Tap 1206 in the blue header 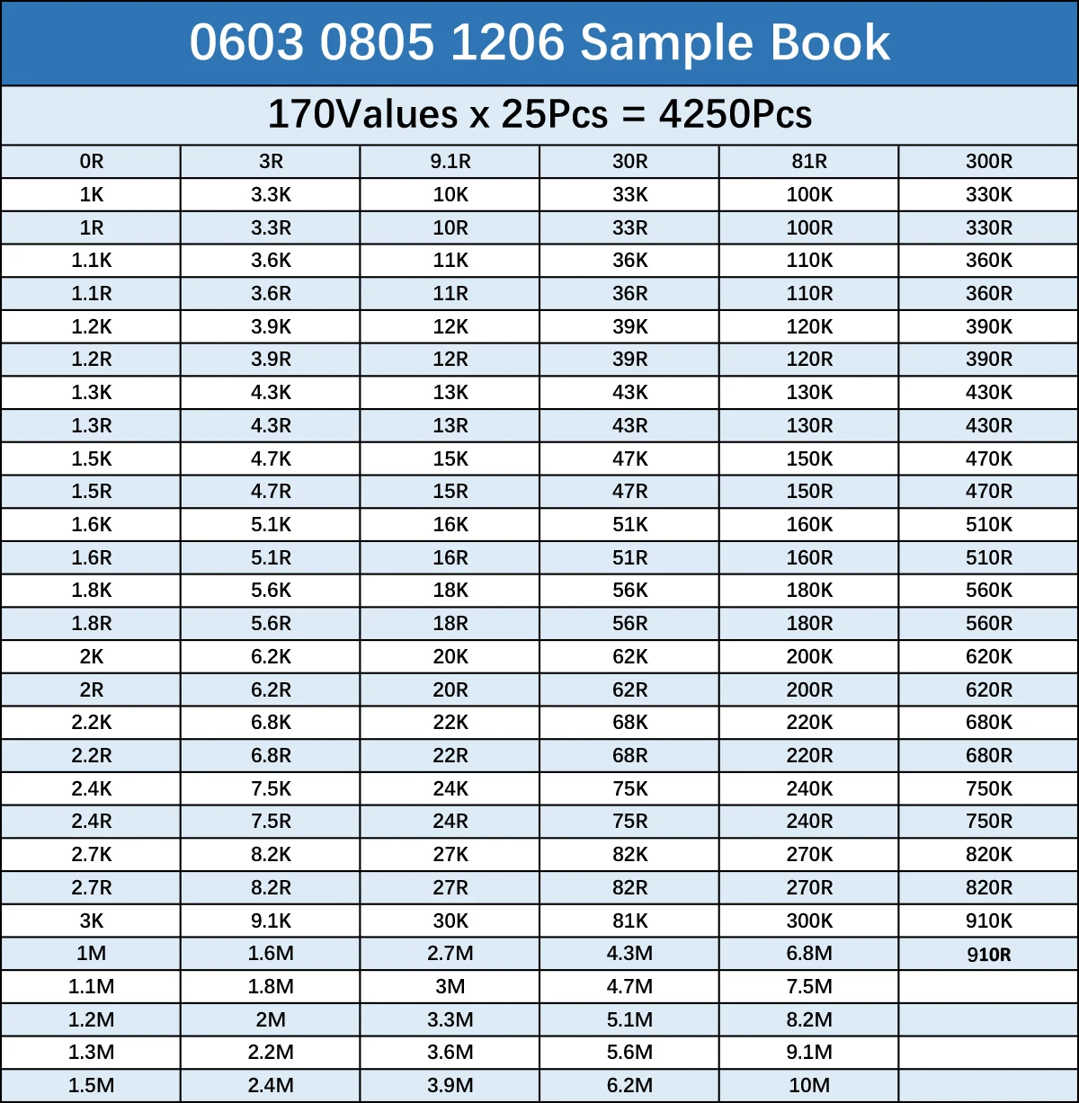tap(507, 42)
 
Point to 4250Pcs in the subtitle tap(736, 114)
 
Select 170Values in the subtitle tap(362, 114)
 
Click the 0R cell tap(91, 162)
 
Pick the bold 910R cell tap(989, 955)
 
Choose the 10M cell tap(809, 1086)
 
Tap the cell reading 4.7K tap(271, 458)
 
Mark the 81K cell tap(629, 921)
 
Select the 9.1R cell tap(450, 162)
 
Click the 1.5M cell tap(91, 1086)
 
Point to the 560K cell tap(989, 591)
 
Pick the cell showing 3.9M tap(450, 1086)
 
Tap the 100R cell tap(809, 227)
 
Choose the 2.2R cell tap(91, 755)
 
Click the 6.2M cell tap(629, 1086)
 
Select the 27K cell tap(450, 854)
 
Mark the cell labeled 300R tap(989, 162)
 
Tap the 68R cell tap(629, 755)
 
